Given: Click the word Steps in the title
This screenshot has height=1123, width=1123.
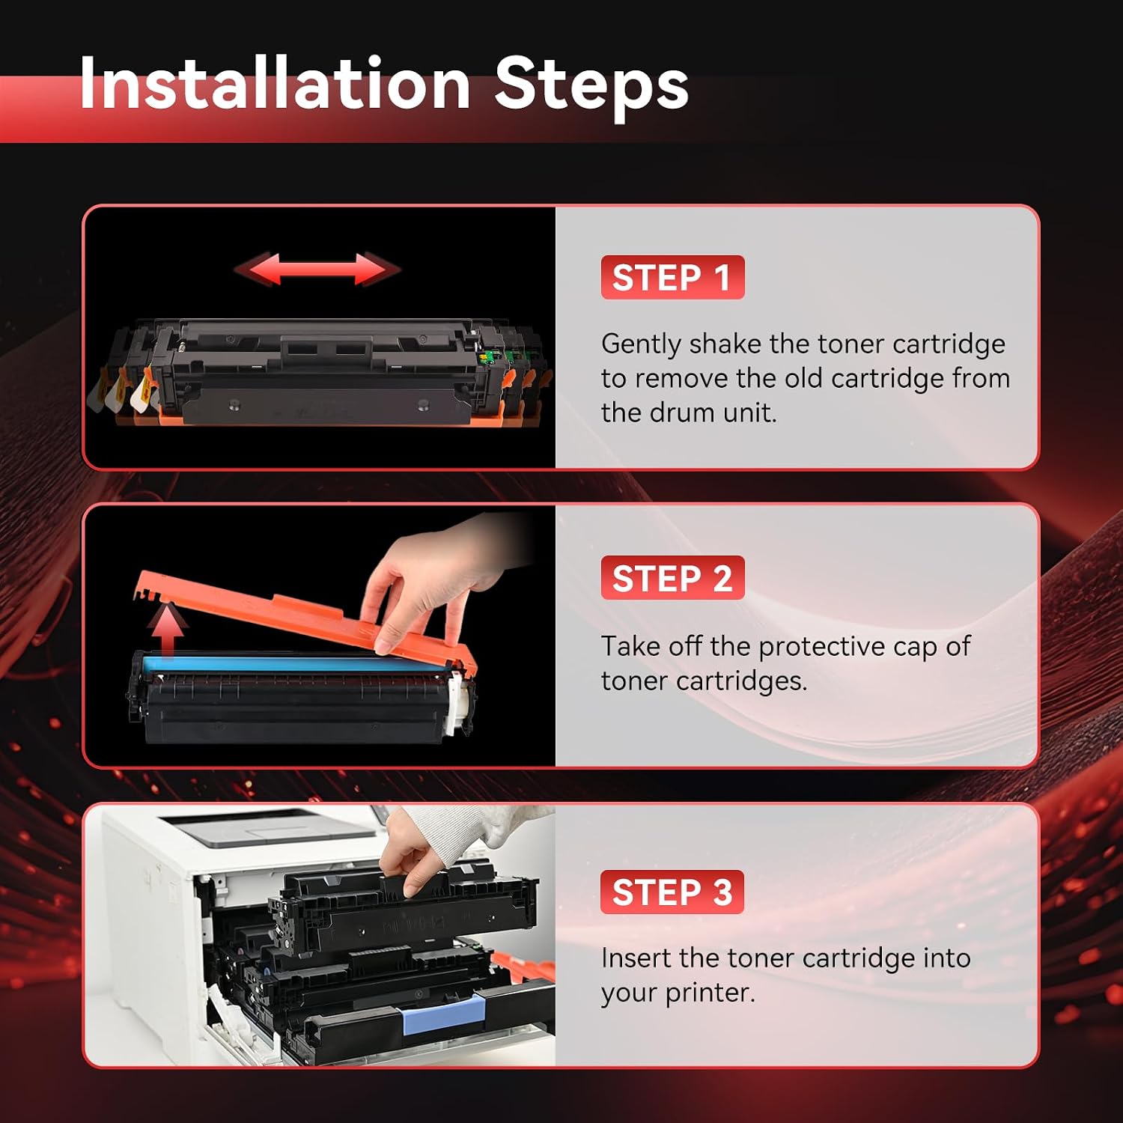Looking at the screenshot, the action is pyautogui.click(x=591, y=88).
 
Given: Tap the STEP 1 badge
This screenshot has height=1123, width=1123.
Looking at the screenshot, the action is pyautogui.click(x=672, y=277).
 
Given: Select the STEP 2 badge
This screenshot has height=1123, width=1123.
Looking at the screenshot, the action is pyautogui.click(x=672, y=577).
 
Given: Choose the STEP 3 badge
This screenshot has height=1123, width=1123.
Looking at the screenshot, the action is pyautogui.click(x=672, y=892).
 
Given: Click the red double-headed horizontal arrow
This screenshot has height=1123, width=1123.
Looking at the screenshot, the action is pyautogui.click(x=317, y=269).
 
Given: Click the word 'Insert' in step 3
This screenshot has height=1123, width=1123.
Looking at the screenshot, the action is pyautogui.click(x=636, y=958).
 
